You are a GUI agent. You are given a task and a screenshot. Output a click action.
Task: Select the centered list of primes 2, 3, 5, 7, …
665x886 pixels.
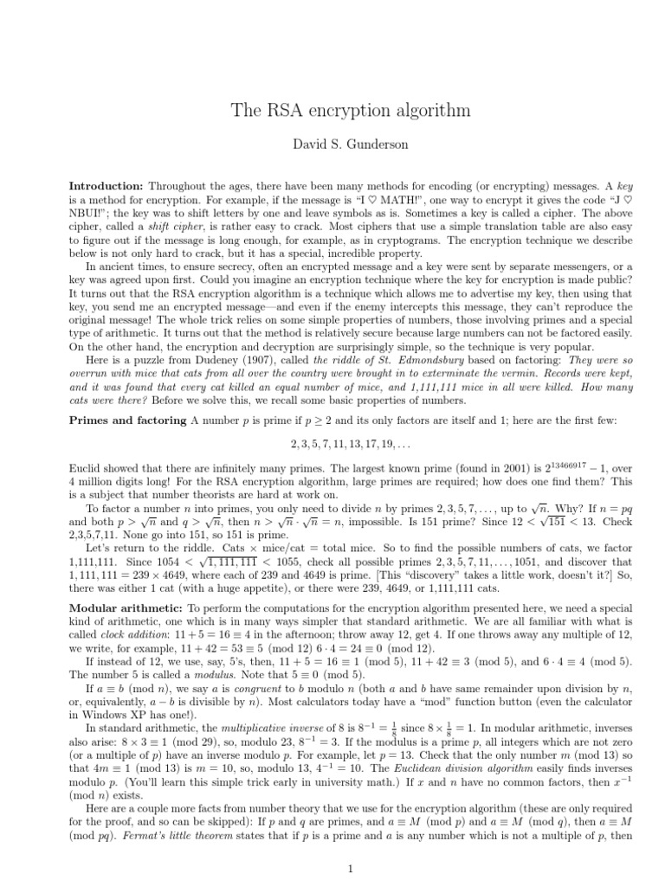pos(332,443)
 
